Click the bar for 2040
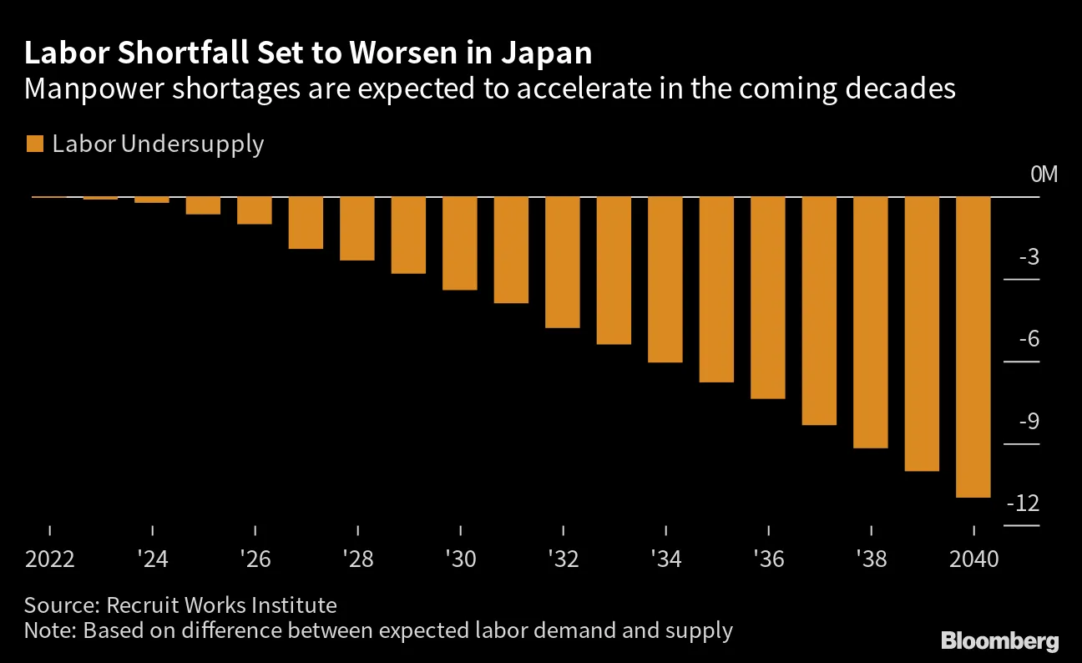click(x=973, y=347)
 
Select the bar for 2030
click(x=460, y=243)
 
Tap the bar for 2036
click(x=767, y=297)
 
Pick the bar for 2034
click(x=665, y=279)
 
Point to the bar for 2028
click(x=357, y=228)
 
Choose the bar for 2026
click(x=255, y=210)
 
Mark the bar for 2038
click(x=870, y=322)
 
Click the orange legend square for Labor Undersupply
click(x=34, y=144)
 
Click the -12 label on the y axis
click(x=1022, y=504)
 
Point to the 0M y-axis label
click(x=1044, y=175)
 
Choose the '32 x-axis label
click(x=563, y=559)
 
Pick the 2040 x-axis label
click(x=973, y=559)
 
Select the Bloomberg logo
click(x=1000, y=641)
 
